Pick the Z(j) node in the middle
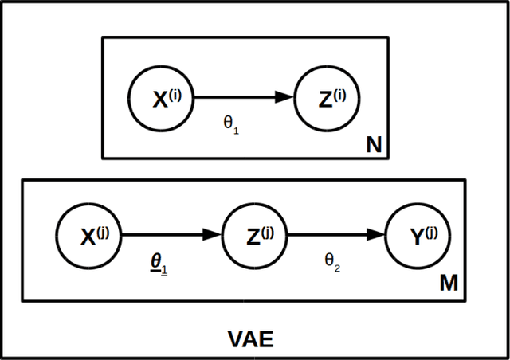click(x=254, y=235)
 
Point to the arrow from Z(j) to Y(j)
click(x=335, y=235)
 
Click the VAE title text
click(x=250, y=340)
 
